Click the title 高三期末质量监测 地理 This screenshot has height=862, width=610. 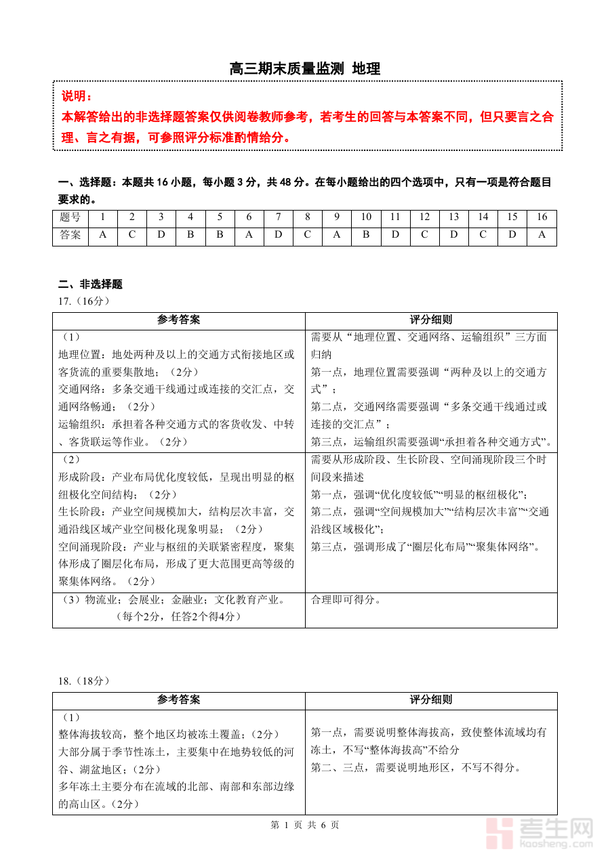(305, 68)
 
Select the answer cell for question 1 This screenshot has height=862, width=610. (103, 236)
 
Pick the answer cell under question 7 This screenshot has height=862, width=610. (278, 236)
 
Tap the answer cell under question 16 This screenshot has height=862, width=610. (542, 236)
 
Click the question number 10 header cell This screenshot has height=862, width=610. (366, 217)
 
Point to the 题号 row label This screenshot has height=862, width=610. (70, 217)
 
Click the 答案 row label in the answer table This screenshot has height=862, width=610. (70, 236)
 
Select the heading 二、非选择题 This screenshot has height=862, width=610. (90, 284)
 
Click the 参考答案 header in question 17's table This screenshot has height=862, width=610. (178, 320)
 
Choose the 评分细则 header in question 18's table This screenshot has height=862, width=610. (431, 700)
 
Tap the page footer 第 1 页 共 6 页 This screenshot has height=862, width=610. (305, 825)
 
